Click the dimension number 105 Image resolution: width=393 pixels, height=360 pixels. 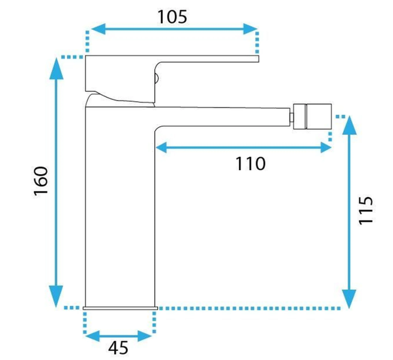tap(172, 17)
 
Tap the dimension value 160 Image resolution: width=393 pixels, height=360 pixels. tap(41, 181)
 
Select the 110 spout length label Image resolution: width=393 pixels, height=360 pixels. tap(250, 163)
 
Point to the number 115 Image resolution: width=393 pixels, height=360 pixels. tap(366, 211)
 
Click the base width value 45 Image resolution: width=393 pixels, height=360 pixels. tap(118, 348)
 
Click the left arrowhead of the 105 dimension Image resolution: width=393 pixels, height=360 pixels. tap(98, 29)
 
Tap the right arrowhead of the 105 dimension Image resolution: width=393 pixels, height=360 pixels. tap(251, 29)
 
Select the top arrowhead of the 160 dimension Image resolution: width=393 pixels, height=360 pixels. tap(56, 69)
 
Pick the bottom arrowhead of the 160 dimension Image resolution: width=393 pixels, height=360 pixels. tap(56, 297)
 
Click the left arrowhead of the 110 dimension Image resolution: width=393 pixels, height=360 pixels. tap(161, 147)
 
